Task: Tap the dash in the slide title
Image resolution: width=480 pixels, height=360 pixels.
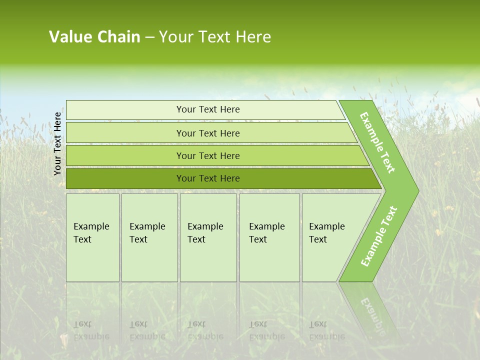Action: (x=149, y=37)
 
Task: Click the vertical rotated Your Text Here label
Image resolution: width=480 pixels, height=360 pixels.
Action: (x=57, y=143)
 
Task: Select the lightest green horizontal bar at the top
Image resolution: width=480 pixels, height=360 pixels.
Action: (x=207, y=109)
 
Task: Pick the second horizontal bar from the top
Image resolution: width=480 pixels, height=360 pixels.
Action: (x=207, y=133)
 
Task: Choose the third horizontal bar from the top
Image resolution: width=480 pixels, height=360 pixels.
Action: (x=207, y=155)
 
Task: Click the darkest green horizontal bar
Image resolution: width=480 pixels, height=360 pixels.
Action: (x=207, y=178)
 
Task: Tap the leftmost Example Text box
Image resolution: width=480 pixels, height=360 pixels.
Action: (x=92, y=237)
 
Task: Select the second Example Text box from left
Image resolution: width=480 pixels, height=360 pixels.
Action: (x=149, y=237)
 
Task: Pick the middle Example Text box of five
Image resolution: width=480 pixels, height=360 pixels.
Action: (x=208, y=237)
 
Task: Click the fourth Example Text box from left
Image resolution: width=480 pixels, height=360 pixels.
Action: (x=269, y=237)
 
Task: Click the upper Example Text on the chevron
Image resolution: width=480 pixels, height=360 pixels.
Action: (x=377, y=142)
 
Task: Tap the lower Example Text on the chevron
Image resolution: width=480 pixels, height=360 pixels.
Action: (x=378, y=236)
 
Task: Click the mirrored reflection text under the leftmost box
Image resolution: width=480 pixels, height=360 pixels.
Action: (x=91, y=330)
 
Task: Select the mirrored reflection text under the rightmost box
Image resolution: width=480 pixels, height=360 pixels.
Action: (x=326, y=330)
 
